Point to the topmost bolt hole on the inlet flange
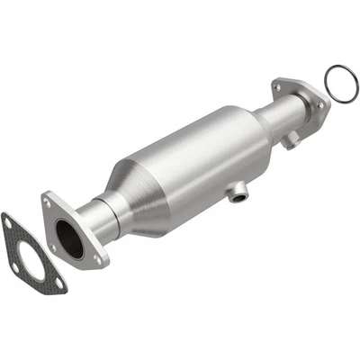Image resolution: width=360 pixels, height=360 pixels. (x=48, y=203)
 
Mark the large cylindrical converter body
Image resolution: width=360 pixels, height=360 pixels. (x=193, y=162)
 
